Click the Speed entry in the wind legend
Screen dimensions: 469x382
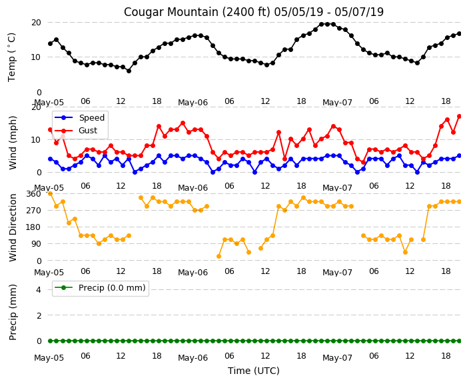91,117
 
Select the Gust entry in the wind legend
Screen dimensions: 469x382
88,131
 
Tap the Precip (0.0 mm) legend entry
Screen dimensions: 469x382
112,288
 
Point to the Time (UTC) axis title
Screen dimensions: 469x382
254,371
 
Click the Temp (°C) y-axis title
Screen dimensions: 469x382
12,57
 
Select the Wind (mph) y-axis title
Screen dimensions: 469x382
13,143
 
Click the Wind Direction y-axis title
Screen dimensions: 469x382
13,227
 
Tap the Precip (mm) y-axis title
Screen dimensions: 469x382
13,312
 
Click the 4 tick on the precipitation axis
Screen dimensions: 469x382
39,289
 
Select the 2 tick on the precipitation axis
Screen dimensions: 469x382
39,315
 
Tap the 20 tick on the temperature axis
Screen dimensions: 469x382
36,23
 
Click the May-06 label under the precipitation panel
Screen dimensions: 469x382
193,358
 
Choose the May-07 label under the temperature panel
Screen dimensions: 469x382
337,103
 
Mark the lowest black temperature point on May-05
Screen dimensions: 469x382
129,71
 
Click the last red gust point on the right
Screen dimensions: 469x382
460,117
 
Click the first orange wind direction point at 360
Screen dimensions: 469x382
50,194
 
